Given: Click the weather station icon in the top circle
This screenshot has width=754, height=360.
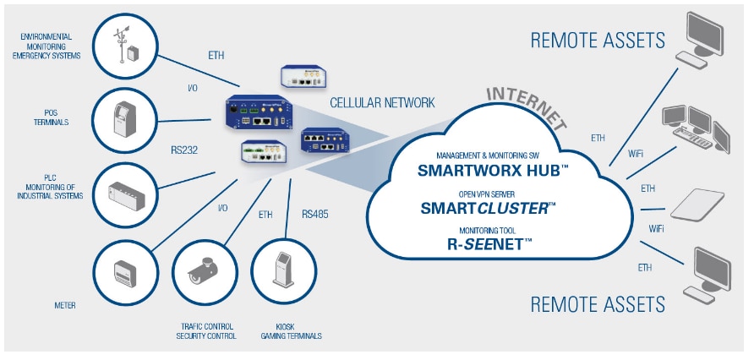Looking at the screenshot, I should tap(123, 42).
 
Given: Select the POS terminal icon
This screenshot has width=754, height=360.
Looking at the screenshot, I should tap(123, 117).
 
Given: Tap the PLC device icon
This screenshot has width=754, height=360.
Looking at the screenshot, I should tap(123, 194).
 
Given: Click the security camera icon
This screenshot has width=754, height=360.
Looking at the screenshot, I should tap(203, 272).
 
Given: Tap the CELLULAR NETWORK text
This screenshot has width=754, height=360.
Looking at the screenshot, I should tap(382, 103).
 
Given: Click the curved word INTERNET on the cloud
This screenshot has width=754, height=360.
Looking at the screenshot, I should tap(526, 103).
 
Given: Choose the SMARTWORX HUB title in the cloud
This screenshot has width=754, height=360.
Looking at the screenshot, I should tap(494, 169).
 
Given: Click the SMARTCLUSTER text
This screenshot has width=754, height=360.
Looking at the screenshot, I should tap(488, 208).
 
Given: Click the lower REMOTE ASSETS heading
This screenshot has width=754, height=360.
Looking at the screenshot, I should tap(597, 303).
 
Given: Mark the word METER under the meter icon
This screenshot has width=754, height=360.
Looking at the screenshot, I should tap(64, 305).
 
